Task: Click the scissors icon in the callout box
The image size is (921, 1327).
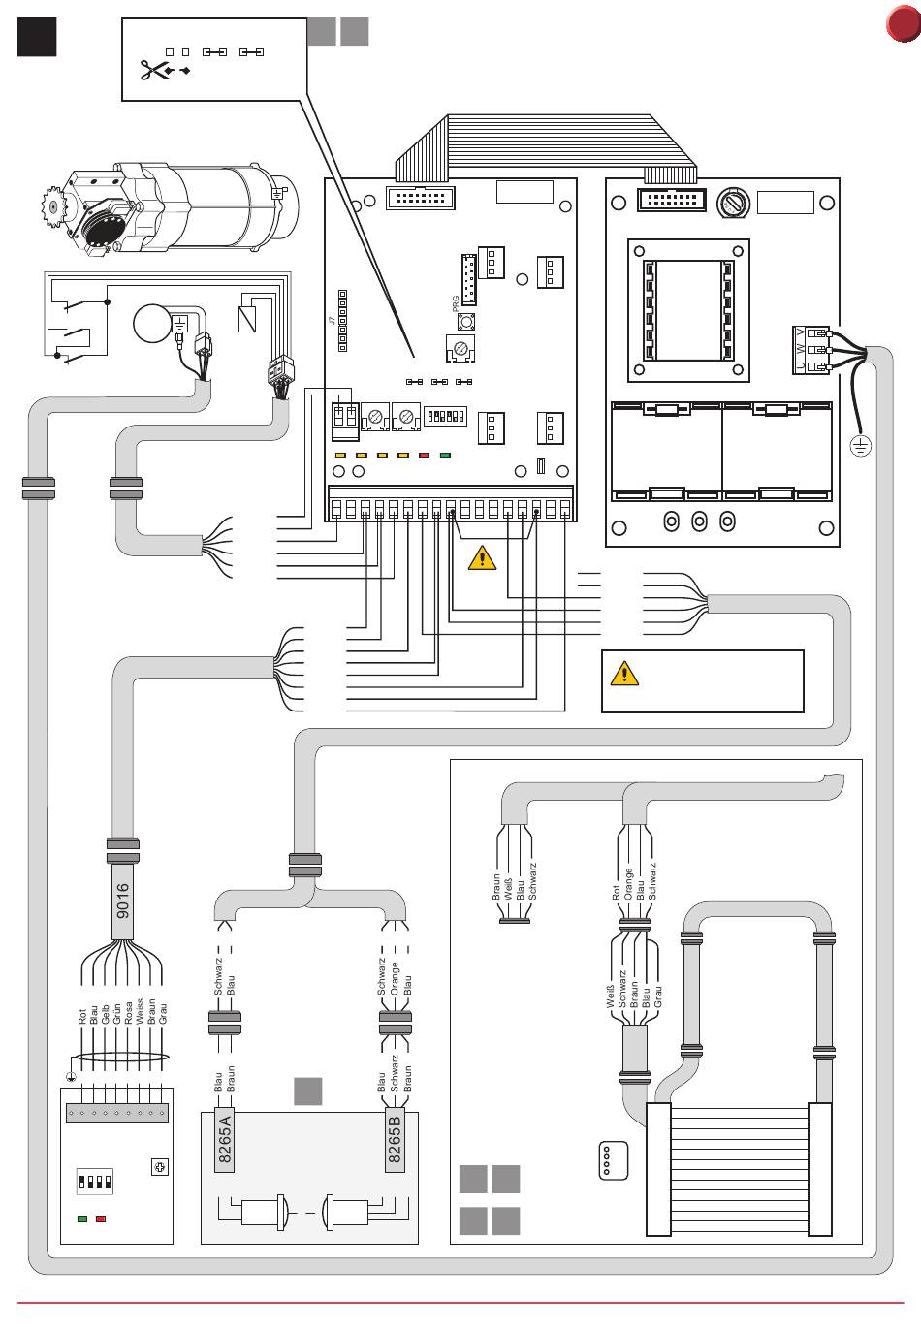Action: click(152, 70)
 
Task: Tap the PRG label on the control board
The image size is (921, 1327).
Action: click(456, 302)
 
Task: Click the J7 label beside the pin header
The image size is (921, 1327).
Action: click(332, 320)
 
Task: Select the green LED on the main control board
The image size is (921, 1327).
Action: click(445, 454)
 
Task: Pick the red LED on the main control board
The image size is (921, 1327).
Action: click(424, 454)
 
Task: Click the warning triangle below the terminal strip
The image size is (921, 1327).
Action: click(482, 558)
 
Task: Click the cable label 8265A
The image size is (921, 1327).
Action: click(225, 1141)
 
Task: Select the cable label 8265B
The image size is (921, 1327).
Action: click(395, 1141)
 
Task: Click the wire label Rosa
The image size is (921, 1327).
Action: click(128, 1011)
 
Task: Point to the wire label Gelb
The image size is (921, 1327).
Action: click(105, 1014)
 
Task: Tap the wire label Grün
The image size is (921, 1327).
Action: click(116, 1013)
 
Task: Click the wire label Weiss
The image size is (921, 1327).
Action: click(140, 1010)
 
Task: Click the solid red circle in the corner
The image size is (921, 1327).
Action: click(903, 24)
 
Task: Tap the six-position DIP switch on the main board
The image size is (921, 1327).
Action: click(446, 415)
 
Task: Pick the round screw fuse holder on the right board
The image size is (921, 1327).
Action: click(734, 204)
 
